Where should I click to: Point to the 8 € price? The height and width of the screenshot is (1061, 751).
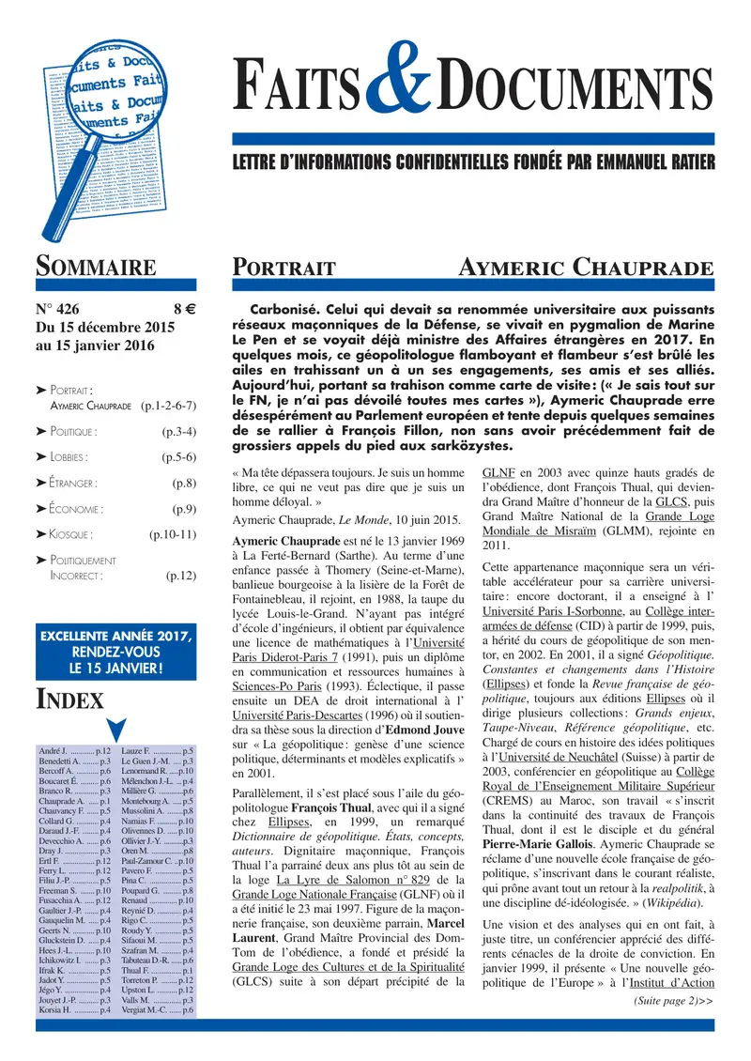pyautogui.click(x=183, y=307)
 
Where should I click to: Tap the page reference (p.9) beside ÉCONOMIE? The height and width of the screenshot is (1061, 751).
pyautogui.click(x=183, y=509)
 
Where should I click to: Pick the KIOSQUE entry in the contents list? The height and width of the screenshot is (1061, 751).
pyautogui.click(x=69, y=534)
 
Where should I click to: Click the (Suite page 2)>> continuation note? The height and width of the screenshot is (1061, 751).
pyautogui.click(x=673, y=1001)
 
